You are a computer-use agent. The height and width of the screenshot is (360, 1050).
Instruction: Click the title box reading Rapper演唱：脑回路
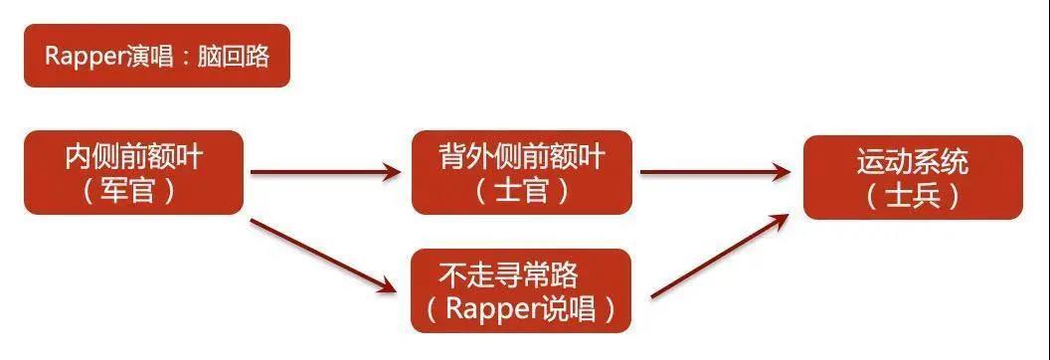point(157,56)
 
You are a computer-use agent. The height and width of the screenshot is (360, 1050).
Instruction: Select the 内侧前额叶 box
point(133,172)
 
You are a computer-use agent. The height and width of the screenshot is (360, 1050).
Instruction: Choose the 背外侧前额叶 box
point(521,172)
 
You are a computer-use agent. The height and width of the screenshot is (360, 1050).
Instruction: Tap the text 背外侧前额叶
point(522,156)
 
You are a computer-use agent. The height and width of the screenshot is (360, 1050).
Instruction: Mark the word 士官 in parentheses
point(520,190)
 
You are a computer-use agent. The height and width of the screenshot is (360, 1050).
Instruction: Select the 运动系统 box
point(913,177)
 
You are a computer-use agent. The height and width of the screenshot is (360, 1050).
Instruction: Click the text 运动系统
point(913,161)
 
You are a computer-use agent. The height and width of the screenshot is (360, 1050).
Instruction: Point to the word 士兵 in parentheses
point(912,196)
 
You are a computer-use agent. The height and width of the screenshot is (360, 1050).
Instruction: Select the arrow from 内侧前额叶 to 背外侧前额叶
point(326,172)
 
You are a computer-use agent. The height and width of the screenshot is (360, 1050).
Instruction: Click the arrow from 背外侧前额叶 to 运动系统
point(716,172)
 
